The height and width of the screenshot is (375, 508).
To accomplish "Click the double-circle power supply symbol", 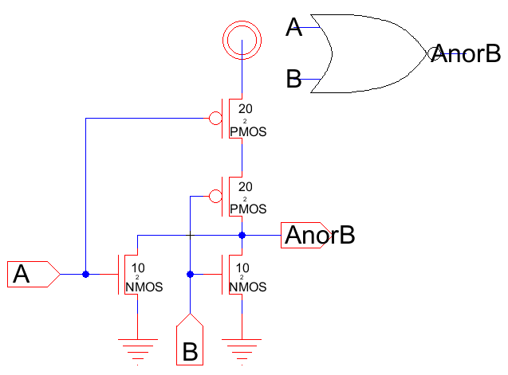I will tap(240, 37).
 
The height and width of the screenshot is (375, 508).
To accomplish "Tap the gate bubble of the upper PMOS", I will tap(215, 119).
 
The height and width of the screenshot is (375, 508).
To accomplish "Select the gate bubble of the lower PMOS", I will tap(215, 196).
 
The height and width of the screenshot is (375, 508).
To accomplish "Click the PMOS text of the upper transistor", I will tap(247, 132).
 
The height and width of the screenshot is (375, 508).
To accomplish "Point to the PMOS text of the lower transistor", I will tap(247, 209).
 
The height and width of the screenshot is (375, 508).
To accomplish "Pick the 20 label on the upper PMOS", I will tap(246, 107).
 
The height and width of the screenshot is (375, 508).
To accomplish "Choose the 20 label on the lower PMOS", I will tap(246, 186).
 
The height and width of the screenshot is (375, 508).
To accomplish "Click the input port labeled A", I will tap(32, 274).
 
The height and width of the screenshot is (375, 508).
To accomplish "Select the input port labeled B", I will tap(190, 341).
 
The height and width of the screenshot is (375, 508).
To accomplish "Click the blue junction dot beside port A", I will tap(86, 274).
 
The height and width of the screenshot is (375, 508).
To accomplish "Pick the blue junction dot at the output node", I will tap(241, 236).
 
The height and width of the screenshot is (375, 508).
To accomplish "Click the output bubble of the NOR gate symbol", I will tap(434, 53).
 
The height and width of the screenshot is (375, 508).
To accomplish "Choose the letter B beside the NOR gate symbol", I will tap(293, 79).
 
